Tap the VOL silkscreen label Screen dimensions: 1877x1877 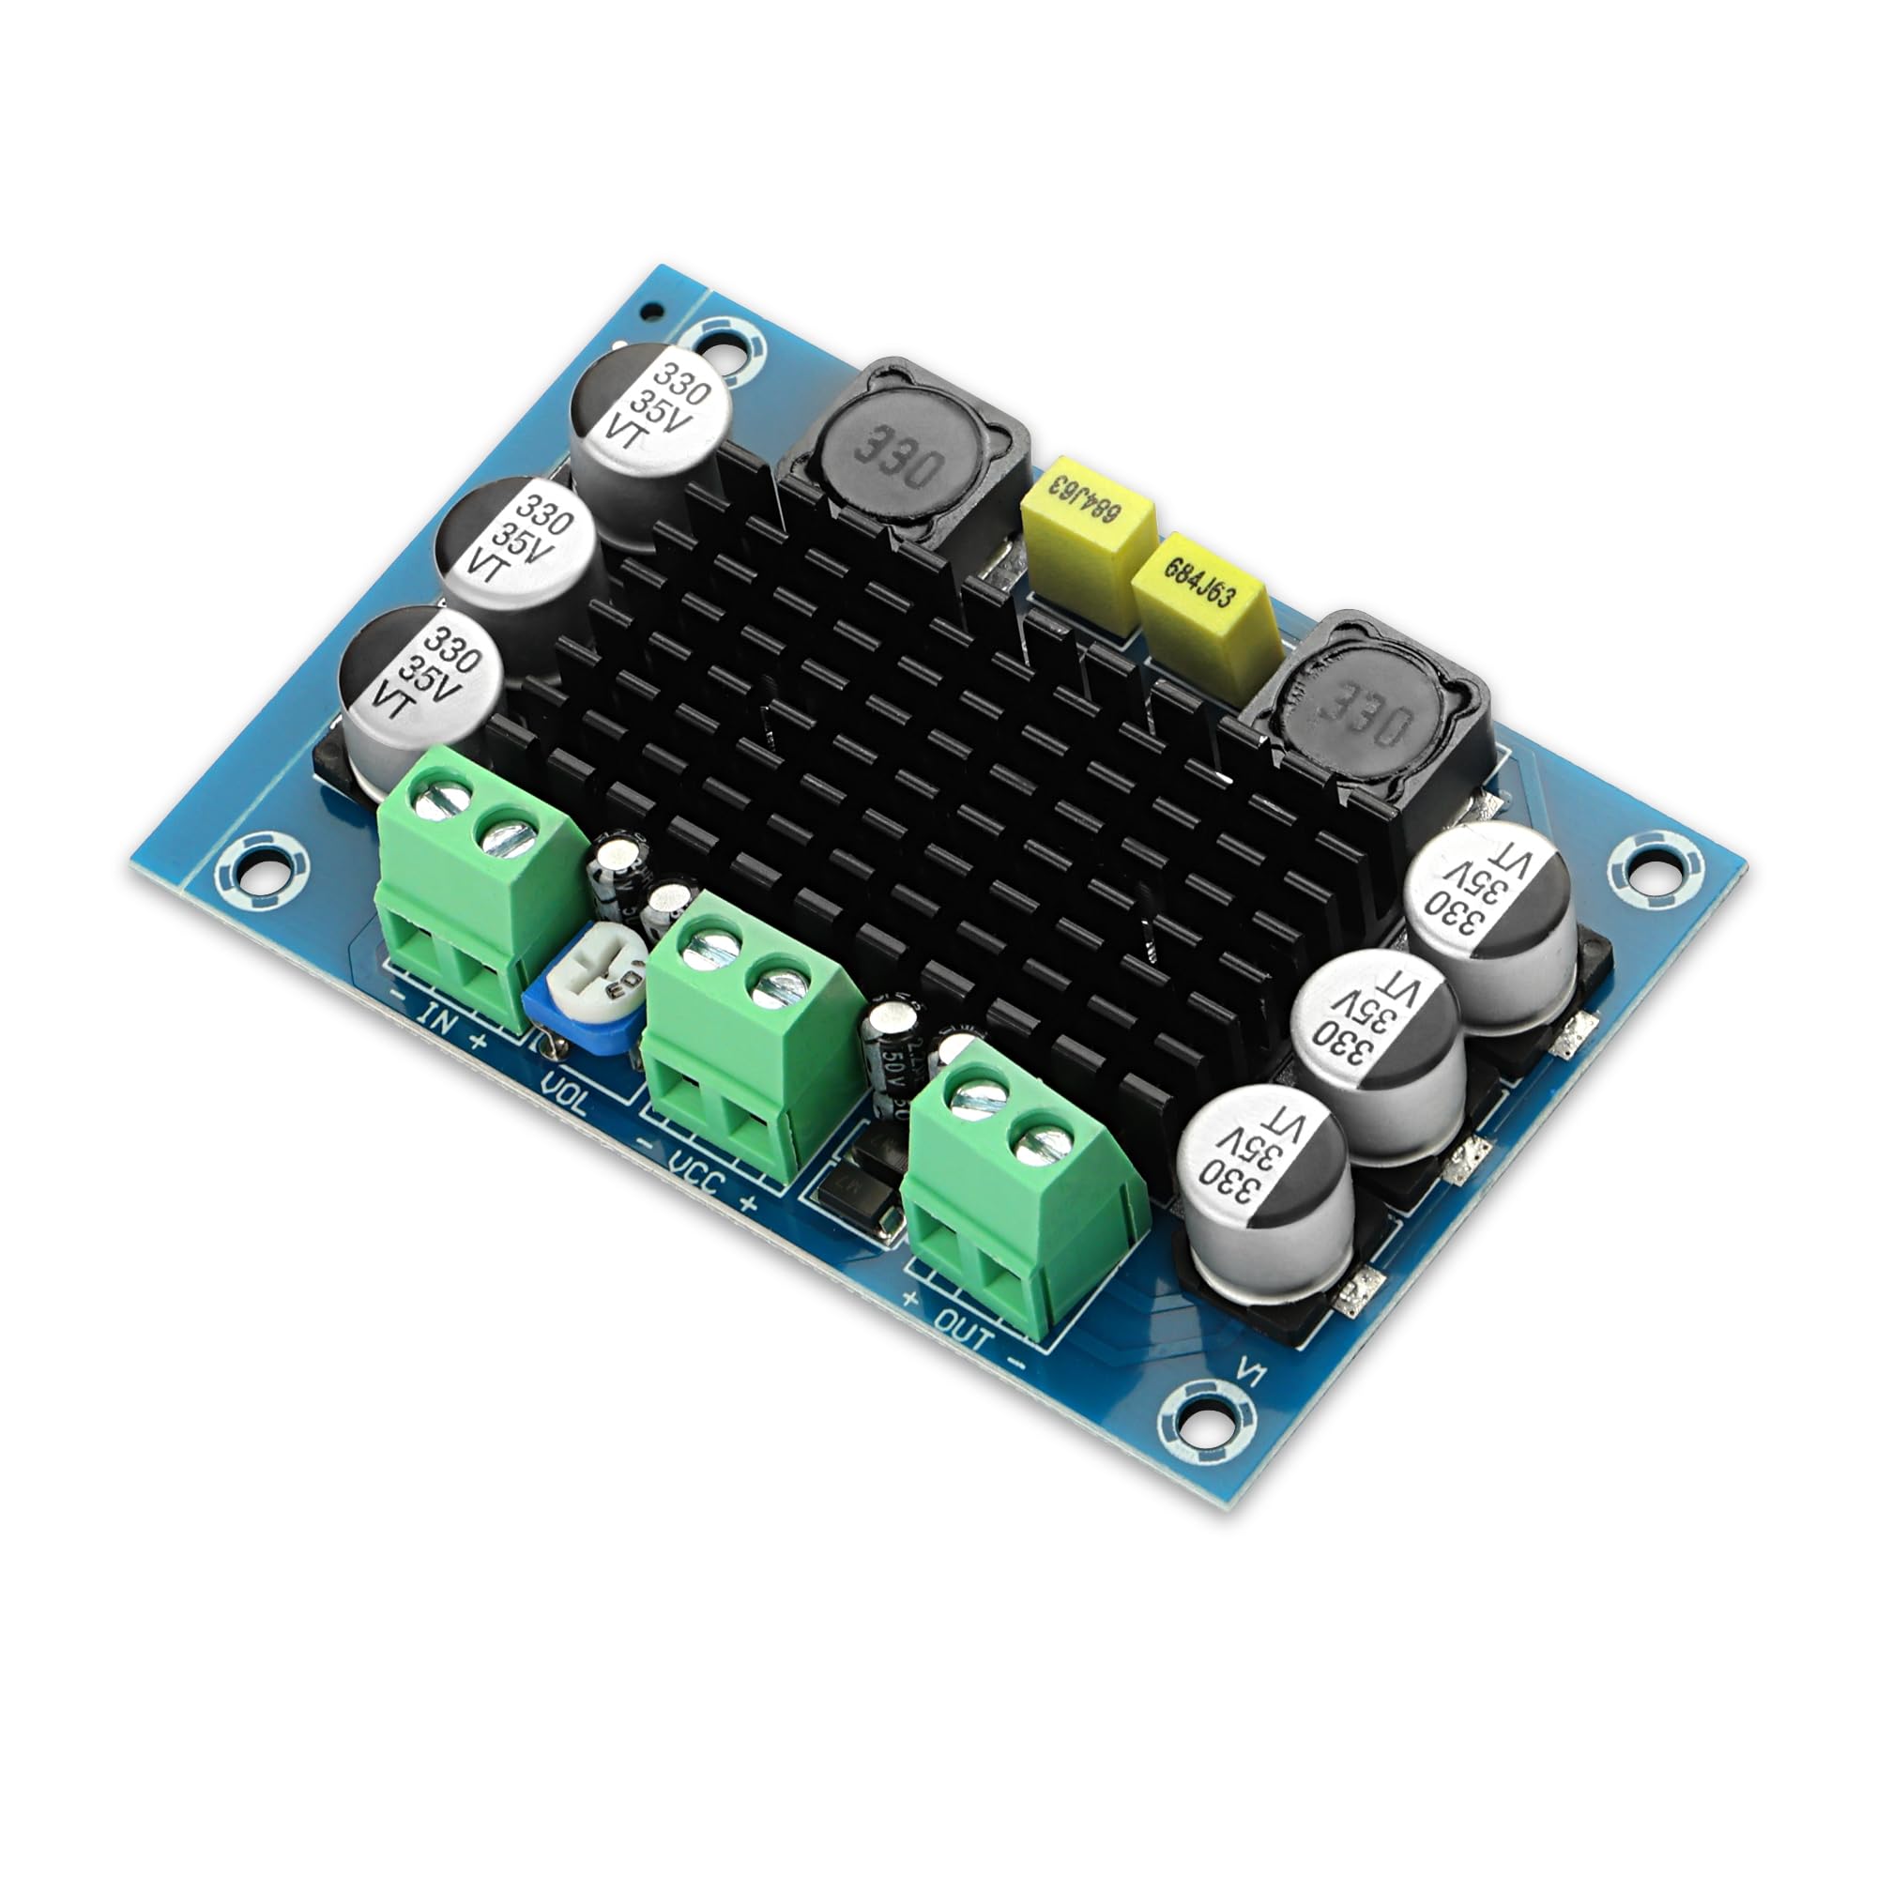pyautogui.click(x=563, y=1098)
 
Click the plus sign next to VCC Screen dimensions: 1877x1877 pyautogui.click(x=748, y=1205)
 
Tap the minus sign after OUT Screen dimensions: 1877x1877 pyautogui.click(x=1016, y=1364)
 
